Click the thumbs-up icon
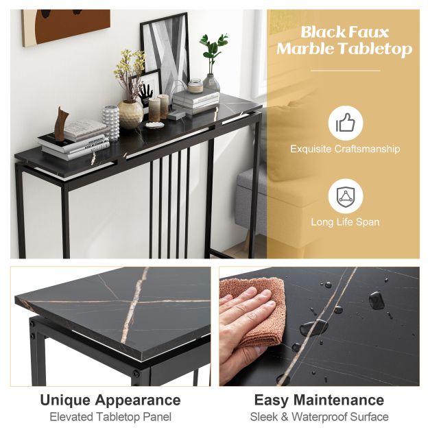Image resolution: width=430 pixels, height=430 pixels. [345, 123]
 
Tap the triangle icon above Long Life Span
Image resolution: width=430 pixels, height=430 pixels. [345, 197]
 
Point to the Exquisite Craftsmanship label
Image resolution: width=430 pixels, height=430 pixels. [345, 149]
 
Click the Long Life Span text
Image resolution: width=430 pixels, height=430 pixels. [345, 222]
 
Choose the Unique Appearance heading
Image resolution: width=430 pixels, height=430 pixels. [110, 400]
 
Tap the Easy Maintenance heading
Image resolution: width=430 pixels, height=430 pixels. [320, 400]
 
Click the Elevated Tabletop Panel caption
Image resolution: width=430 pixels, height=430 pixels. [110, 416]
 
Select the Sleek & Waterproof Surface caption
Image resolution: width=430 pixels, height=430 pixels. [320, 416]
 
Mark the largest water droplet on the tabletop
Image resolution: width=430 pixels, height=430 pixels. [377, 300]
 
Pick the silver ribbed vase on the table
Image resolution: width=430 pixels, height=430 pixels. [111, 122]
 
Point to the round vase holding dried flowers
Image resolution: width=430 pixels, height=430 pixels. [130, 113]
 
